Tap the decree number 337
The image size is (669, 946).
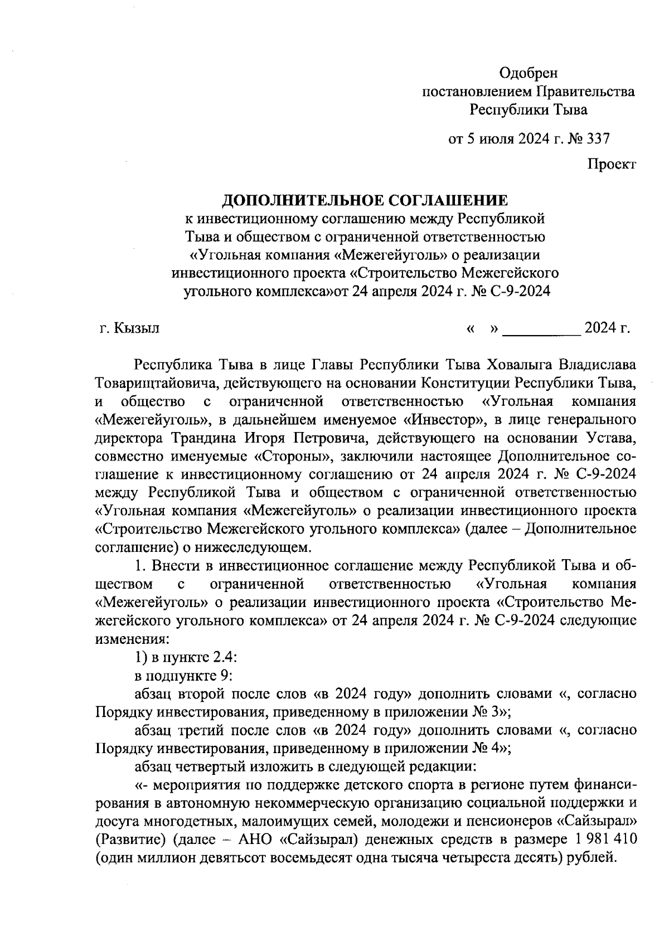click(x=595, y=138)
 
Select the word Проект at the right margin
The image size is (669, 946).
click(x=611, y=164)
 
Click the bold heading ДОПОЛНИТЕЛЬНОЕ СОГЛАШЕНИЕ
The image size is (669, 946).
click(x=365, y=200)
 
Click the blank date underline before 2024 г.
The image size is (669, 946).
click(x=541, y=328)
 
